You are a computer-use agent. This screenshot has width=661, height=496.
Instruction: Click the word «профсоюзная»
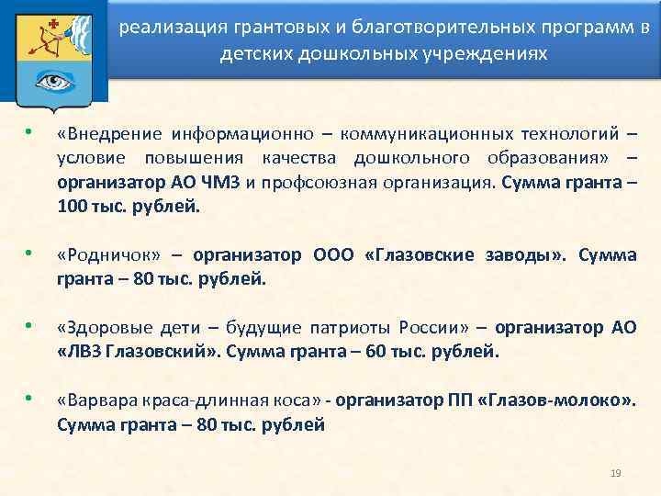317,181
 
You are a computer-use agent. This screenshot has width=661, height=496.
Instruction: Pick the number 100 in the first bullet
72,204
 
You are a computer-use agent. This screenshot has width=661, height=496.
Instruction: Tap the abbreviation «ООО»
335,255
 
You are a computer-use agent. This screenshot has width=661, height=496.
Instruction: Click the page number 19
616,472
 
